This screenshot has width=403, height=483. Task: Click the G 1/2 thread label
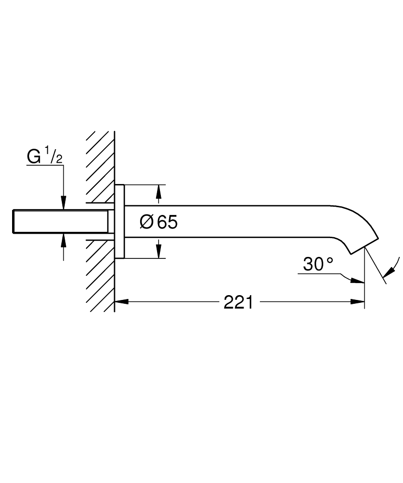(44, 157)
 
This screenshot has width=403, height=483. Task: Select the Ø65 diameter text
(158, 222)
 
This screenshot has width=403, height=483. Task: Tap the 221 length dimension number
(238, 303)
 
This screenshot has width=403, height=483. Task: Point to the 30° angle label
(318, 264)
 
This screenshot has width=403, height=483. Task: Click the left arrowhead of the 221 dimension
(121, 303)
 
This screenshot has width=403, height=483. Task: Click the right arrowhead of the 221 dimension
(358, 303)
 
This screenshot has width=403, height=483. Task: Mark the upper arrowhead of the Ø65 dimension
(158, 192)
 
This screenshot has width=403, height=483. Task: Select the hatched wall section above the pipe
(101, 164)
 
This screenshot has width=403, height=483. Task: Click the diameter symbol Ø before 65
(147, 222)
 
